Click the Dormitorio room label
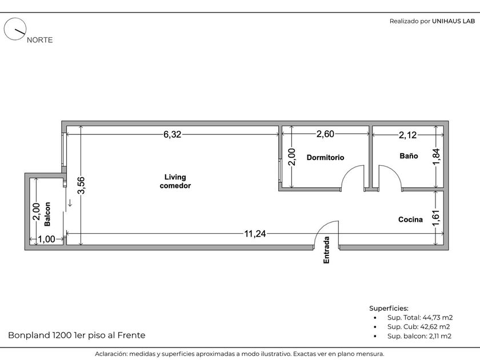[325, 157]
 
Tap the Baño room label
[409, 156]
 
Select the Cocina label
[410, 219]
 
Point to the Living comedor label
[175, 181]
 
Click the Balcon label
[47, 214]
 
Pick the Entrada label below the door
[326, 250]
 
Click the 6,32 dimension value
[173, 134]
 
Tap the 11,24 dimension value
[255, 234]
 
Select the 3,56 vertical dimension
[81, 185]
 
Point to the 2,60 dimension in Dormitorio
[325, 134]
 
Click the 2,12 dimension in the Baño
[408, 135]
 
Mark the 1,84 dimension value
[436, 157]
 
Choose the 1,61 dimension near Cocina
[436, 218]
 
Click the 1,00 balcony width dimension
[46, 239]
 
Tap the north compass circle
[15, 29]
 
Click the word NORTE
[40, 40]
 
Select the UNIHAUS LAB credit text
[453, 21]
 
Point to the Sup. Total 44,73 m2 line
[419, 318]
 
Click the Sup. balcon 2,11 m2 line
[419, 336]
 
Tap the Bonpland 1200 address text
[77, 335]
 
